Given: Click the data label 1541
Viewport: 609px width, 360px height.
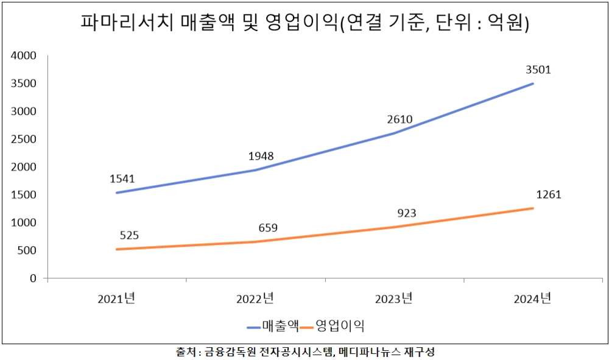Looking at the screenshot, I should click(x=122, y=179).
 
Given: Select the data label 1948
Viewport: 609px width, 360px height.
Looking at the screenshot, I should click(x=261, y=156).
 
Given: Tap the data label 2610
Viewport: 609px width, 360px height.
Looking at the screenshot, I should click(x=400, y=119).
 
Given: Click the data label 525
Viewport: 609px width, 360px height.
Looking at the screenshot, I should click(x=130, y=235).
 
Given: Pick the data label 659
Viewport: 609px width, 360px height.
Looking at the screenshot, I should click(x=267, y=228).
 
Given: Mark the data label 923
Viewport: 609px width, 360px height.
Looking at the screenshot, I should click(x=406, y=213).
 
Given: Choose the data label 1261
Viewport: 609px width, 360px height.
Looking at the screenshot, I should click(x=549, y=195).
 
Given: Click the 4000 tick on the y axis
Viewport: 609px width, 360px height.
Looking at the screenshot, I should click(x=24, y=56).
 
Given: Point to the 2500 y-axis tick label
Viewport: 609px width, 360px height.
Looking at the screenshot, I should click(x=24, y=139).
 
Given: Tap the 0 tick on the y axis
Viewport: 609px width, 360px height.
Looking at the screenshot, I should click(x=34, y=278).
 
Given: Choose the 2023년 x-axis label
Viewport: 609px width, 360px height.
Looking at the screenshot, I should click(x=394, y=299).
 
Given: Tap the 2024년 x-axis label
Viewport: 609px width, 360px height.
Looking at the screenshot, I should click(x=533, y=299).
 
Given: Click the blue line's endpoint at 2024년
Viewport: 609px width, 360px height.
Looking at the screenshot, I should click(x=533, y=83).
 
